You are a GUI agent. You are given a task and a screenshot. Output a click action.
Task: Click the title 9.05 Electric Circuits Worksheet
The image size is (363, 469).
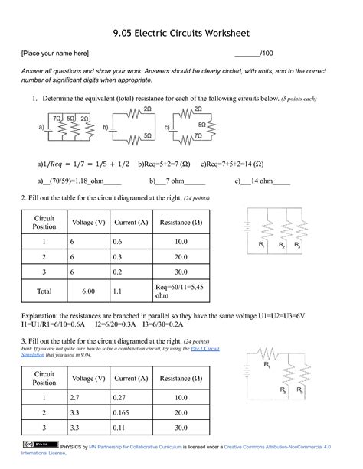[181, 34]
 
